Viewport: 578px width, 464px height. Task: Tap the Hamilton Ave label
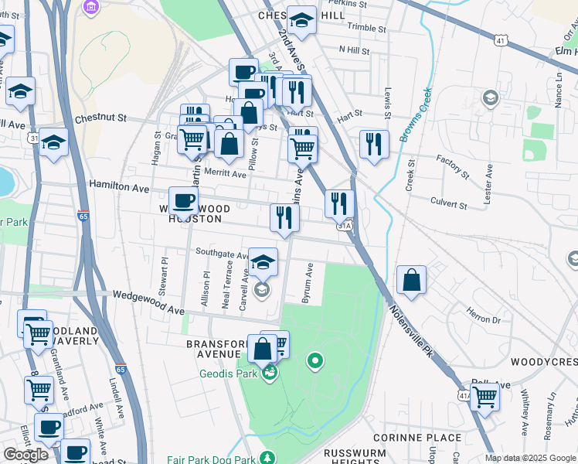tap(119, 186)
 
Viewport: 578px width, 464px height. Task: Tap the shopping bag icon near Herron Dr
tap(412, 281)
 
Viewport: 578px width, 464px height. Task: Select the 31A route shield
tap(345, 225)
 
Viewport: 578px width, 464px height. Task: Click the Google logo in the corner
tap(25, 455)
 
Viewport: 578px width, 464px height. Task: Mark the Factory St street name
tap(452, 166)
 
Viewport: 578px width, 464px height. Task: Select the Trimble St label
tap(366, 28)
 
